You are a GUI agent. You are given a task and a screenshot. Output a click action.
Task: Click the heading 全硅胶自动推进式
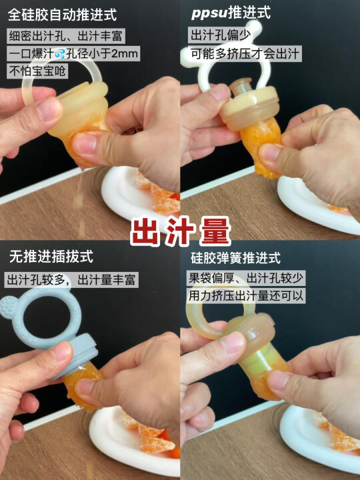tap(62, 15)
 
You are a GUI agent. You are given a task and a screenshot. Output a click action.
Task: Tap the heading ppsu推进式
tap(231, 13)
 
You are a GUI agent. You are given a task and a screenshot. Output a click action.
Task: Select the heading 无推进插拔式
tap(51, 256)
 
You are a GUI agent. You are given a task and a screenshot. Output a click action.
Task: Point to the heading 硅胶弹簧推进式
tap(235, 258)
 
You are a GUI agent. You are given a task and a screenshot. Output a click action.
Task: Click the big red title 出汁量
tap(180, 231)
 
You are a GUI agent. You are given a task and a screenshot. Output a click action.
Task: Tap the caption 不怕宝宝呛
tap(37, 71)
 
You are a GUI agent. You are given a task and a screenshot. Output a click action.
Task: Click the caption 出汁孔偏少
tap(221, 35)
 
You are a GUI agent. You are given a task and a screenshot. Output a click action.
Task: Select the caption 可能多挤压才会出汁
tap(245, 53)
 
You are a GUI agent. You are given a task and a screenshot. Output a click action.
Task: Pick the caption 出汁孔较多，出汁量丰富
tap(71, 280)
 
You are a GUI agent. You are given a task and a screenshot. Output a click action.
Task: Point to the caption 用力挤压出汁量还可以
tap(246, 296)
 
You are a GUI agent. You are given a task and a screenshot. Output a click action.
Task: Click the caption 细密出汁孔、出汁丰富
tap(65, 36)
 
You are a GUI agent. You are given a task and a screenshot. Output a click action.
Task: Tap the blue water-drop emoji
tap(60, 54)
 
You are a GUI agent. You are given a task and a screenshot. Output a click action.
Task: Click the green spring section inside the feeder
tap(257, 361)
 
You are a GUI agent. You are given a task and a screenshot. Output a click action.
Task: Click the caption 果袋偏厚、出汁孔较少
tap(246, 278)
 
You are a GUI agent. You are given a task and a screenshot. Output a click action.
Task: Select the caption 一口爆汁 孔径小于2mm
tap(73, 54)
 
